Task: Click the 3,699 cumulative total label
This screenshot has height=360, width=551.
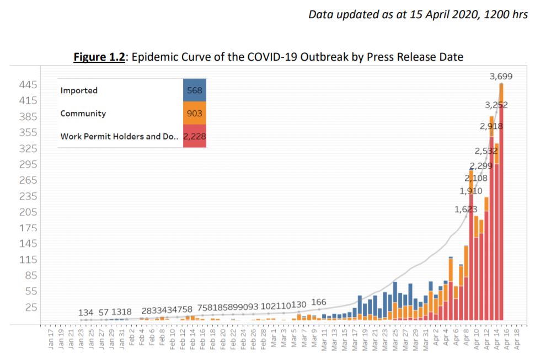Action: [501, 77]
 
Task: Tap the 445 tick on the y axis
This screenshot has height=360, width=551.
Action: [28, 85]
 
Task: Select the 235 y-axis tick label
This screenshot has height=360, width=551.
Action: [28, 196]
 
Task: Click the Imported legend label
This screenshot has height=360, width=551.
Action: [79, 90]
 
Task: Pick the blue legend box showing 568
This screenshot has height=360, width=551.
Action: [194, 90]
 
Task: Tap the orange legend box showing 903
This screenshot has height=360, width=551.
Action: [194, 113]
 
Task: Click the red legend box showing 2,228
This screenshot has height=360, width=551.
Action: [194, 136]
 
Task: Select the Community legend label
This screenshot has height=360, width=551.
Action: [83, 114]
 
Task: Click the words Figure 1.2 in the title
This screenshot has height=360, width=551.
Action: [99, 57]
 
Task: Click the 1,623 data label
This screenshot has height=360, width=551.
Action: [466, 209]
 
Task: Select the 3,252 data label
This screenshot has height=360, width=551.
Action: [496, 105]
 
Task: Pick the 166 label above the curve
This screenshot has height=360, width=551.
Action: [319, 302]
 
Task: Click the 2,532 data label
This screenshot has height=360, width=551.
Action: [486, 151]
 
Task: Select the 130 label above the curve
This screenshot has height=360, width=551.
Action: [298, 305]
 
